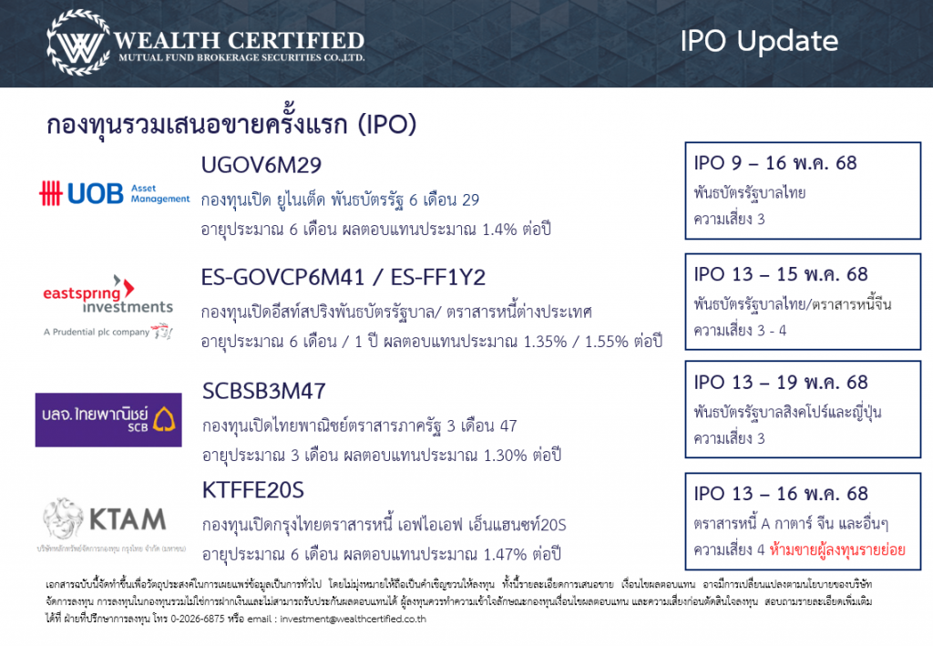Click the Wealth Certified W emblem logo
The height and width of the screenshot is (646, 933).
tap(78, 43)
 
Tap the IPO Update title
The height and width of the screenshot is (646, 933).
tap(759, 41)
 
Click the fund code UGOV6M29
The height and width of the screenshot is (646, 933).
tap(261, 165)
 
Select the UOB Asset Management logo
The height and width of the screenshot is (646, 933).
tap(114, 194)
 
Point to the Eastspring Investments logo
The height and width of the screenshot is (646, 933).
tap(108, 306)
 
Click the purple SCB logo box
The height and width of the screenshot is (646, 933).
tap(108, 420)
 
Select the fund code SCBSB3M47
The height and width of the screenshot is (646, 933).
tap(264, 391)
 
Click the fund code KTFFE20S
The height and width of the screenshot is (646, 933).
tap(253, 490)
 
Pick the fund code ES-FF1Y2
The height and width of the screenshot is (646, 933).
tap(438, 277)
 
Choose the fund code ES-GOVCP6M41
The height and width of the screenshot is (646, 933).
tap(282, 277)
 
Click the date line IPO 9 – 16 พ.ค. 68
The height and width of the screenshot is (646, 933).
tap(774, 163)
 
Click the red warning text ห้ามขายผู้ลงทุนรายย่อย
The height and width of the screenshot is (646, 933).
tap(837, 549)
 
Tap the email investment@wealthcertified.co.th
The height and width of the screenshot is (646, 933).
tap(353, 619)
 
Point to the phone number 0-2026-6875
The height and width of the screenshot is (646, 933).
tap(198, 619)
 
